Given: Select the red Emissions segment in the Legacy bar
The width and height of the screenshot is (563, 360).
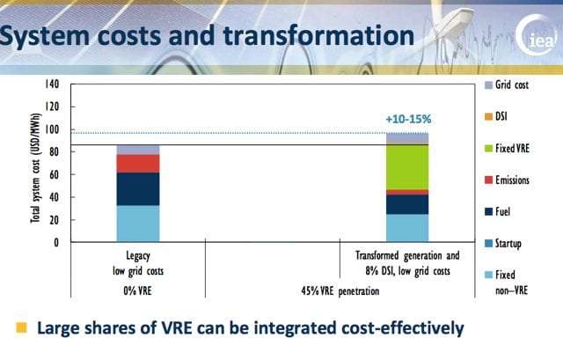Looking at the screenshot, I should click(x=138, y=164).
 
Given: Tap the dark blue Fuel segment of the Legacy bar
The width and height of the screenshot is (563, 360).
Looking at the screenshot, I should click(x=138, y=189).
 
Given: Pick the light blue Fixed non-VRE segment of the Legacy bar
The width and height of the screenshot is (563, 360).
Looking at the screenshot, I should click(x=138, y=224).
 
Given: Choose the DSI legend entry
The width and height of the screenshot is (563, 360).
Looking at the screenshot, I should click(x=508, y=115).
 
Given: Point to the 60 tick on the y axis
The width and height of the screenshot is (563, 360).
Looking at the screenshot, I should click(x=54, y=174).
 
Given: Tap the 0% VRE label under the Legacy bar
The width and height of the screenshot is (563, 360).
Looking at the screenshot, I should click(x=137, y=289).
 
